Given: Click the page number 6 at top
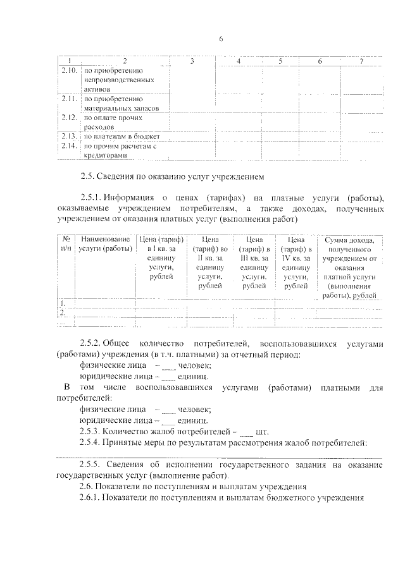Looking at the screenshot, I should (x=221, y=39).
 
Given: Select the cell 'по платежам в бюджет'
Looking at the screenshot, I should (x=121, y=136).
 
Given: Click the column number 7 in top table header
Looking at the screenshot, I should (x=361, y=61).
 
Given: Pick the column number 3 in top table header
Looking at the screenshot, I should (x=192, y=61).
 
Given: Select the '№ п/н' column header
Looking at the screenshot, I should (x=65, y=245).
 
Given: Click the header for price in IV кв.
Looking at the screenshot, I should (x=296, y=262).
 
